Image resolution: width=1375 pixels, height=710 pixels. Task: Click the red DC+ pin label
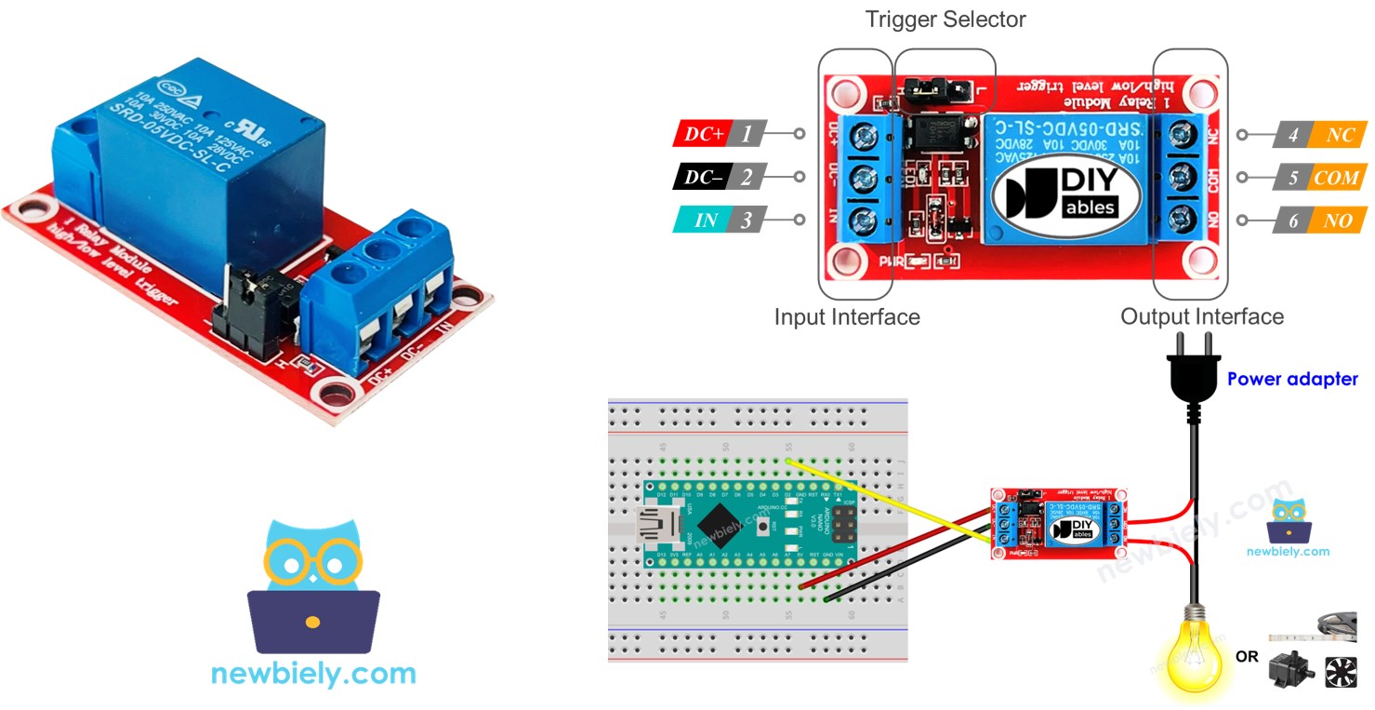pos(705,134)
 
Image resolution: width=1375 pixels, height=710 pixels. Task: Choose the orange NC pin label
pos(1340,135)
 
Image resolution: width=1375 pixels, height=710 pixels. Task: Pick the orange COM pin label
pos(1337,178)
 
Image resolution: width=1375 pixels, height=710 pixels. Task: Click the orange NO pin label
pos(1340,221)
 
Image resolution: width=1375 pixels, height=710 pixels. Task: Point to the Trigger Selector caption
pos(945,20)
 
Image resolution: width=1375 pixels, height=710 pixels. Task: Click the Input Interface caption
pos(847,317)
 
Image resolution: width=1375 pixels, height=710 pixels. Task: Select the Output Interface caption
pos(1202,316)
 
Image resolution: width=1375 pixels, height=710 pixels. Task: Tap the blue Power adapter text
pos(1292,380)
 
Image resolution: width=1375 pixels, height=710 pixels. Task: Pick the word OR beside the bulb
pos(1247,657)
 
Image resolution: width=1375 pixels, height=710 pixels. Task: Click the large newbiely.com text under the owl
pos(313,673)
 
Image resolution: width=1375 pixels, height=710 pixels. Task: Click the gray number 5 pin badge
pos(1293,178)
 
